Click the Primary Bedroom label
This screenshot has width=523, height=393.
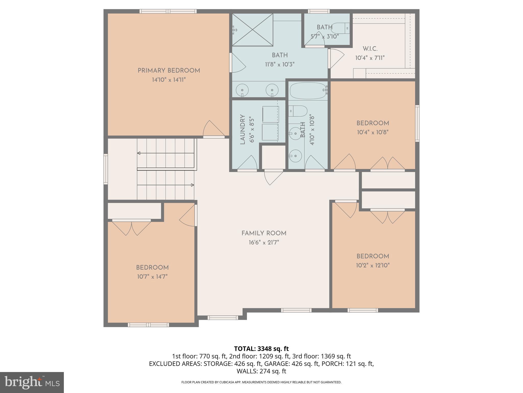(x=169, y=71)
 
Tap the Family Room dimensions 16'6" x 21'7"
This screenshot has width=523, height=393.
(x=264, y=242)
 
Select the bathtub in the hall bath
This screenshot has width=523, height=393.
(x=308, y=91)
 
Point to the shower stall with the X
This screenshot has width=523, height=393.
(x=252, y=30)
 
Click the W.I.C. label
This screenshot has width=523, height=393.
(x=370, y=49)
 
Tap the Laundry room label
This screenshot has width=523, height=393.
(x=243, y=129)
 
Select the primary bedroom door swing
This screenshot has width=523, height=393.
(x=213, y=129)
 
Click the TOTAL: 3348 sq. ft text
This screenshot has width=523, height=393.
(x=261, y=349)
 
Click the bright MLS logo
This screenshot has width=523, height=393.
(x=32, y=382)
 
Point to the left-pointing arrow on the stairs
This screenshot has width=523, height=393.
(x=139, y=153)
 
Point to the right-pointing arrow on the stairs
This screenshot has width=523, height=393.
(x=192, y=185)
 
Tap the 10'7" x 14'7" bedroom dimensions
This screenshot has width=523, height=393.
(x=152, y=277)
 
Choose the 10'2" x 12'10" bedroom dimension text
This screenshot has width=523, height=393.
(x=373, y=265)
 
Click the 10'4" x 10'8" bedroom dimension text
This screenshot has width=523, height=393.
(x=373, y=132)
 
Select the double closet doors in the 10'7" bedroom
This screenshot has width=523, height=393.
(x=132, y=227)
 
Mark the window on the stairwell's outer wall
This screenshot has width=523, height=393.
(x=105, y=169)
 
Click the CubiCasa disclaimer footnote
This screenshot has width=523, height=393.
(x=261, y=382)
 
